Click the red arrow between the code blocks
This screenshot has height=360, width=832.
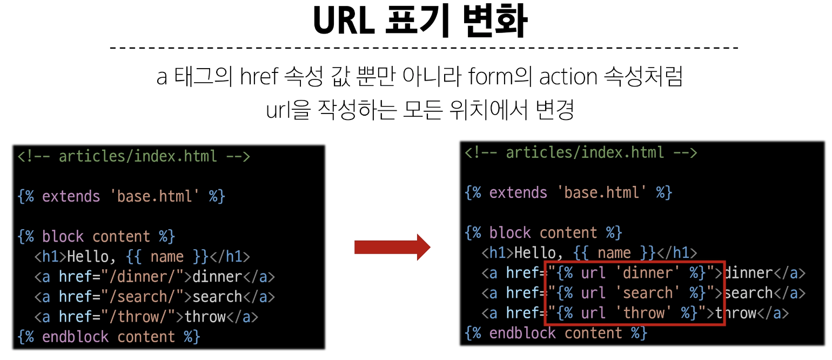point(392,247)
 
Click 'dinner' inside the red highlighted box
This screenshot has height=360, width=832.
point(647,273)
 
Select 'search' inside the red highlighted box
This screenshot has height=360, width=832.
point(647,293)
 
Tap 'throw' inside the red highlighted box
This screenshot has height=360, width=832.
point(643,313)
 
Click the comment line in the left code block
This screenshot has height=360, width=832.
point(133,157)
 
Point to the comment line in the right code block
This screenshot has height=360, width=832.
point(581,153)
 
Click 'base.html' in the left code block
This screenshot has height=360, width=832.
point(155,196)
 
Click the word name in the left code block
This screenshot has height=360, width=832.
point(167,257)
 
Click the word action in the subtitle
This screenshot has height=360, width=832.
point(567,77)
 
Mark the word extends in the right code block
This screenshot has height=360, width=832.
point(518,192)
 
